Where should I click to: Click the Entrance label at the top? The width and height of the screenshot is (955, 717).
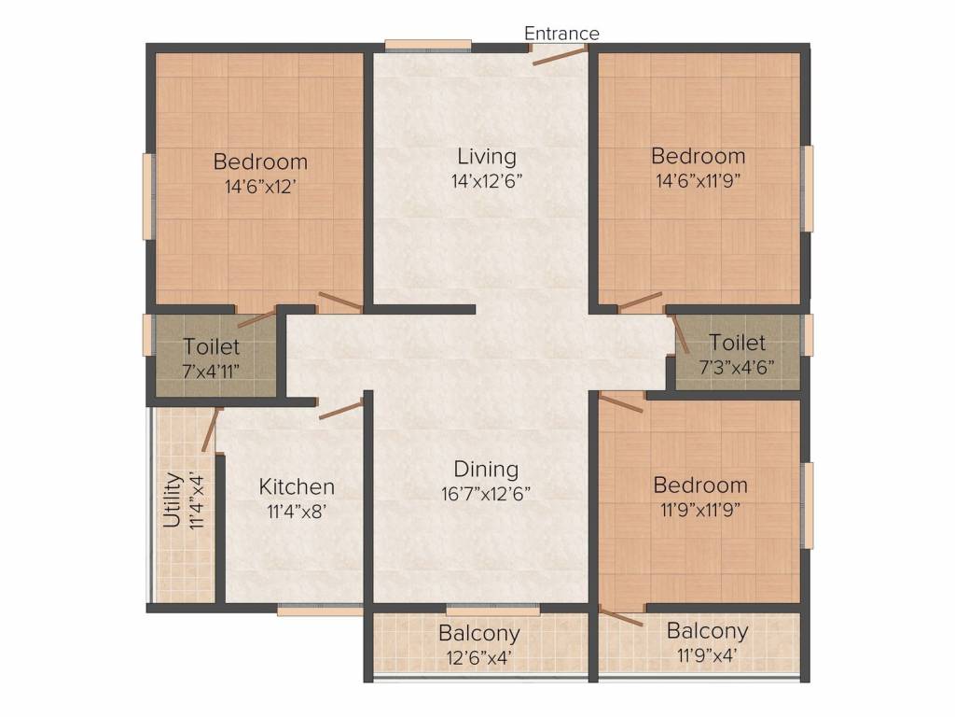click(x=561, y=33)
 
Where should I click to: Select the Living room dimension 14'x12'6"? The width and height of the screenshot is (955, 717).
click(x=487, y=181)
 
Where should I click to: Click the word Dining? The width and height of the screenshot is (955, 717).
click(x=486, y=469)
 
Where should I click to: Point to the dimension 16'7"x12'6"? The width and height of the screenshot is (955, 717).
click(x=486, y=493)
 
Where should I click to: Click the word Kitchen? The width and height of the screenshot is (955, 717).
click(x=297, y=486)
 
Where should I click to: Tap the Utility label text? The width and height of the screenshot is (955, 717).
click(x=173, y=500)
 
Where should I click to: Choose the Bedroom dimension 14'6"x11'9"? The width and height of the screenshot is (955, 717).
click(x=698, y=181)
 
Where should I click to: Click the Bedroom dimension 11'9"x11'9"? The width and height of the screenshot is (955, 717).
click(x=700, y=510)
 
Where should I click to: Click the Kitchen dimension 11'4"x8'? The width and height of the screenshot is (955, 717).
click(x=298, y=511)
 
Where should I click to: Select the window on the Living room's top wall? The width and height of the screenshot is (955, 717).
click(x=428, y=45)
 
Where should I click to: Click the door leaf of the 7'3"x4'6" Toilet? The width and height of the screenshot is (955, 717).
click(x=680, y=333)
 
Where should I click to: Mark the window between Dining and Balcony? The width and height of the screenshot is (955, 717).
click(x=492, y=609)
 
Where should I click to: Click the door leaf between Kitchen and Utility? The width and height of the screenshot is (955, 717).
click(x=210, y=429)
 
